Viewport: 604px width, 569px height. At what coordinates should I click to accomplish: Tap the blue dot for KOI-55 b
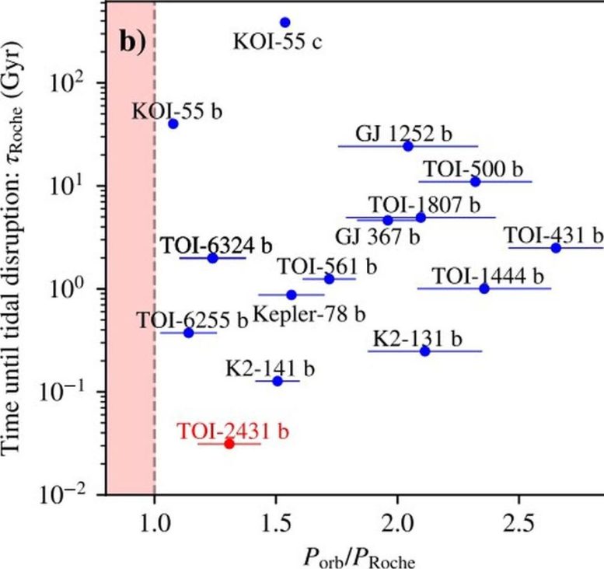click(173, 124)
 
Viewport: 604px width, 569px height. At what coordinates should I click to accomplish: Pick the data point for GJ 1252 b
click(408, 145)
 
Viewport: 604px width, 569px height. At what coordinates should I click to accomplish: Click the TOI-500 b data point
click(476, 181)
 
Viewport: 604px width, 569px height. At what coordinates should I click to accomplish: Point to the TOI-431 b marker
click(556, 247)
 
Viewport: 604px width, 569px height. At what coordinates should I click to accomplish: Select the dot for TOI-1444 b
click(484, 288)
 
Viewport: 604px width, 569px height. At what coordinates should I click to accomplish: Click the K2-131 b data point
click(424, 351)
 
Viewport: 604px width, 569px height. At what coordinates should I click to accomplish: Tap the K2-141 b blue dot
click(278, 381)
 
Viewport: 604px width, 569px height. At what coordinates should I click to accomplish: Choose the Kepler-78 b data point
click(292, 295)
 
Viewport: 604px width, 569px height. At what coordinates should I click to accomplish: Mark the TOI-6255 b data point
click(188, 333)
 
